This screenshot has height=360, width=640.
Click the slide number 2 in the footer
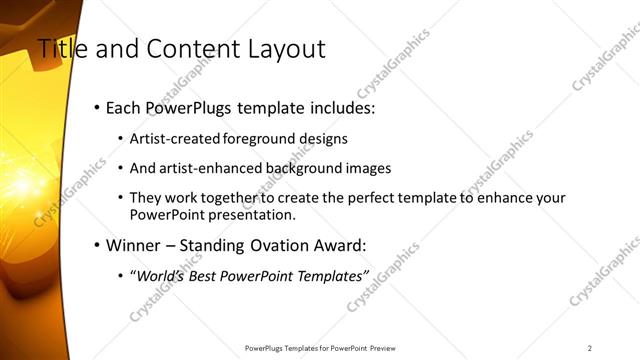pos(590,348)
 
